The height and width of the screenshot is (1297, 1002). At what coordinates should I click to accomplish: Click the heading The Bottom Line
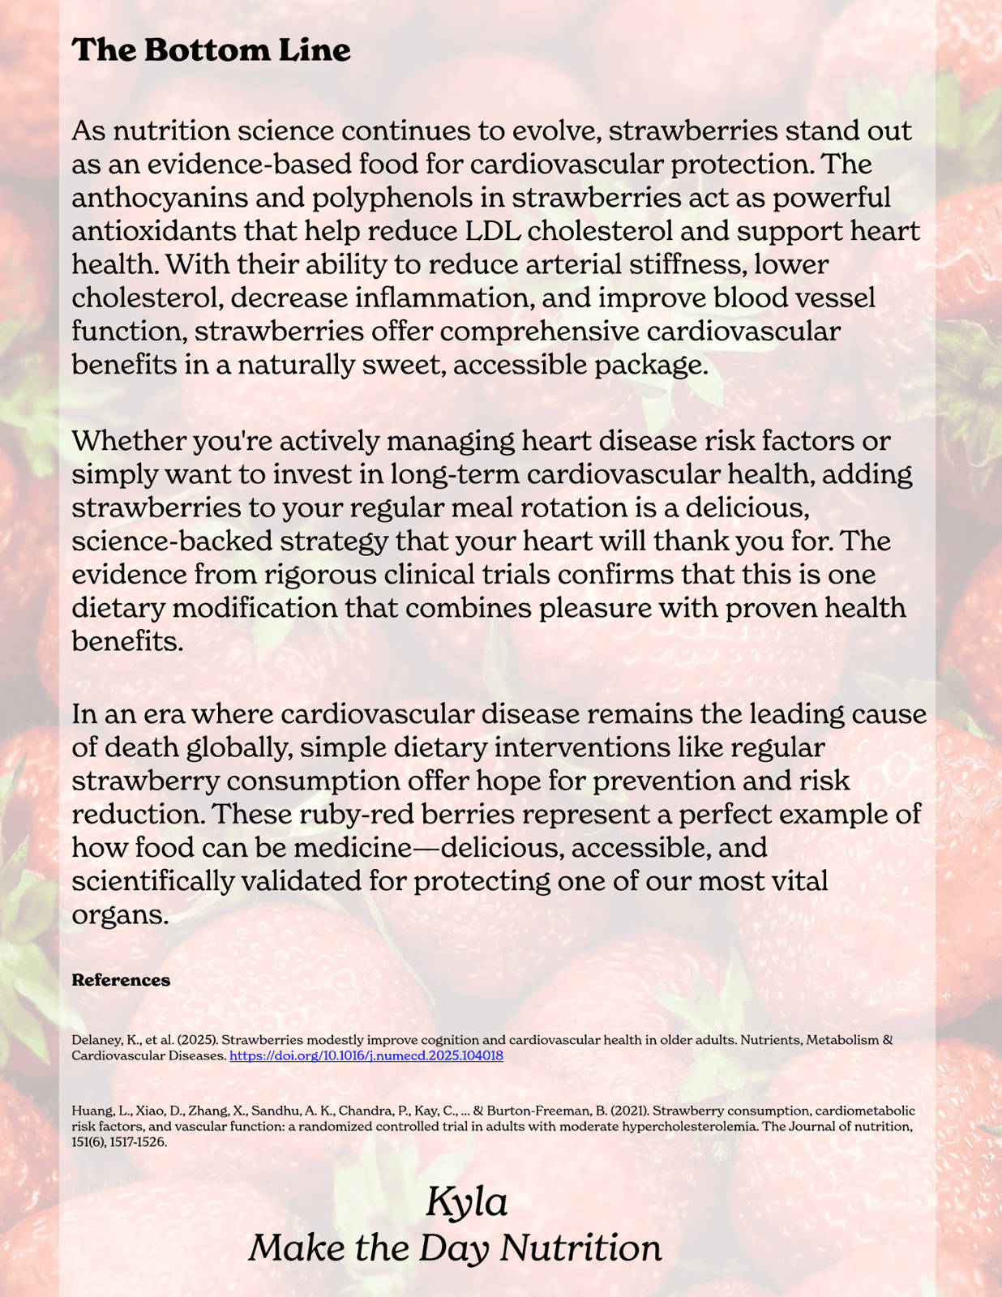211,50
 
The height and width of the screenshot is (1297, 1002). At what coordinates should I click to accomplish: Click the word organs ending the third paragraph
118,914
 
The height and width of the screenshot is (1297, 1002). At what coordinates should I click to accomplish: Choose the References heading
121,980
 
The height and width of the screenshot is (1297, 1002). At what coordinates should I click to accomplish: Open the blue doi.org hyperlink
366,1055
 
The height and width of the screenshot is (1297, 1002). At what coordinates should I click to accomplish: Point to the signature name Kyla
467,1201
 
